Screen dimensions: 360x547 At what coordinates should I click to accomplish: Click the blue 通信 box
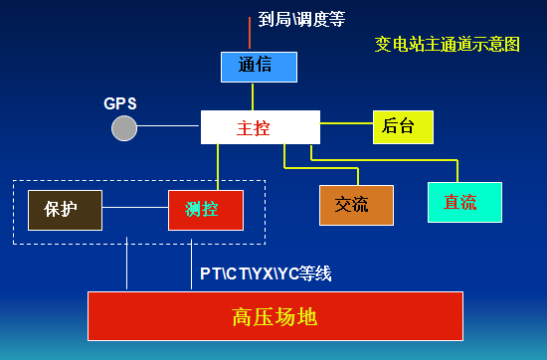click(259, 67)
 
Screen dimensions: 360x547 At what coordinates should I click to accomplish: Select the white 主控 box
click(260, 127)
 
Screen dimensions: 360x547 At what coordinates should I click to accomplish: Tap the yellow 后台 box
click(404, 126)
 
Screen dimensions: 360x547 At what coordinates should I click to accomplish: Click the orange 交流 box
click(356, 205)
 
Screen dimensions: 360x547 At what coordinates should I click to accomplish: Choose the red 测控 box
click(206, 209)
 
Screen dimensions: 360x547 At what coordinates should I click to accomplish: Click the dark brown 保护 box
click(64, 209)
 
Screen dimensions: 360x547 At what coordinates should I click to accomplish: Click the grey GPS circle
click(123, 127)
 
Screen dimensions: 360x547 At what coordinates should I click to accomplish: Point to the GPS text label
click(119, 103)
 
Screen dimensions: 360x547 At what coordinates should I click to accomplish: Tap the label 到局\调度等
click(300, 18)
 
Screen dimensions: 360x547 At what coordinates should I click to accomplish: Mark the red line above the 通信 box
click(251, 32)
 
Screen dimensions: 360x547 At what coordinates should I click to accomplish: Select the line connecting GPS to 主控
click(169, 126)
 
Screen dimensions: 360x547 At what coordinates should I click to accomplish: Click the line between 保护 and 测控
click(135, 209)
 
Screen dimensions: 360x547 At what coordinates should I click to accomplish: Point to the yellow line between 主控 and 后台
click(346, 123)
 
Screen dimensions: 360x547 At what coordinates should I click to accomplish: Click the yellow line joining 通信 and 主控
click(253, 96)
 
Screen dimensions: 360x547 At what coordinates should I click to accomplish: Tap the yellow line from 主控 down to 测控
click(218, 166)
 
